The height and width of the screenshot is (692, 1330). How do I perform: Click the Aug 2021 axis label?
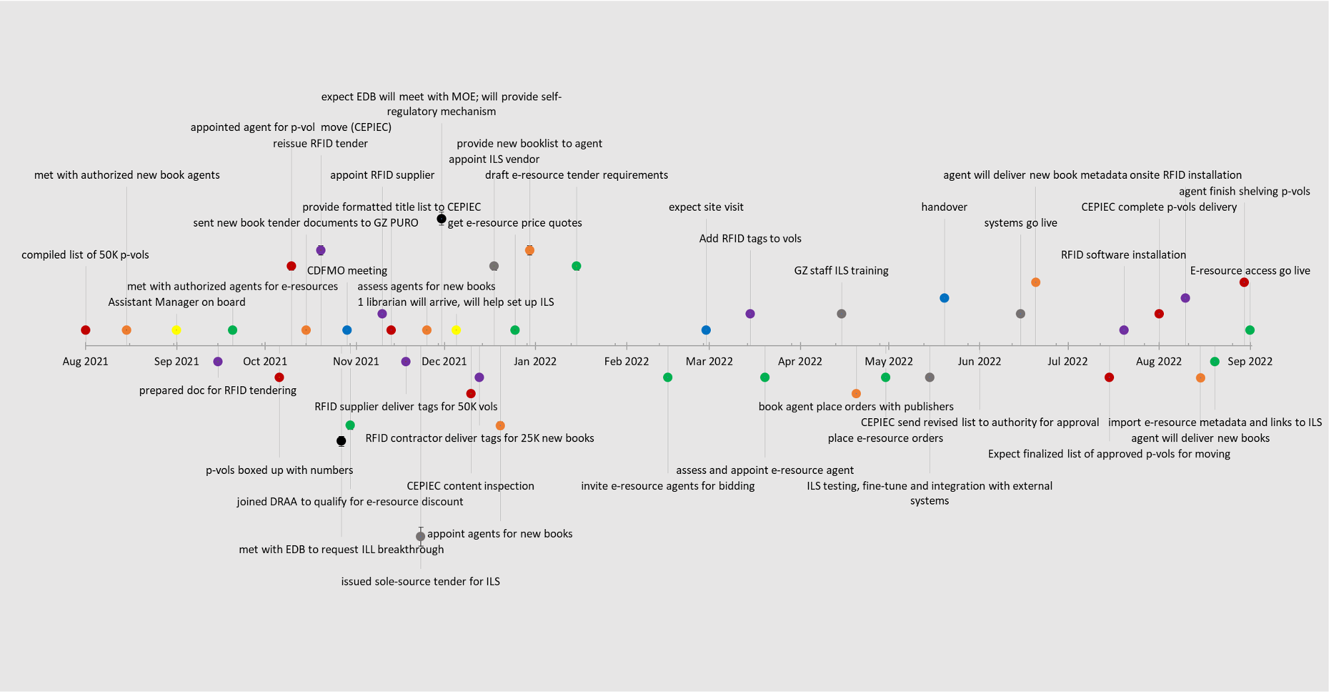[85, 362]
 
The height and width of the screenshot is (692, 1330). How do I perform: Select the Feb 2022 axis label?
[626, 362]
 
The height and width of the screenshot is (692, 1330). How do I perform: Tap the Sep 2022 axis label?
[1250, 362]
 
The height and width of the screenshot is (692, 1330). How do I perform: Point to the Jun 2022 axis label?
[979, 362]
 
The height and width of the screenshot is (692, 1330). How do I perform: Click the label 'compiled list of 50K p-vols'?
[85, 255]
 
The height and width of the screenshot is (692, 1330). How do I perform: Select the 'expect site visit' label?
[706, 207]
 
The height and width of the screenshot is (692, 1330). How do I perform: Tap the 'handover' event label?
[944, 207]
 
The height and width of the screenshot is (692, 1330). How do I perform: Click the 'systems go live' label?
[1020, 223]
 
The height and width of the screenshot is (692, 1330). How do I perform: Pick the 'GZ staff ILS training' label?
[841, 271]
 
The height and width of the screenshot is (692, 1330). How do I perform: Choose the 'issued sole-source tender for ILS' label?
[421, 582]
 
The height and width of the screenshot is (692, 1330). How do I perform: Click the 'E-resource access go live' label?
[1250, 271]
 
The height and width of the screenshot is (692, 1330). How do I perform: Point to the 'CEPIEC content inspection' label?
[470, 486]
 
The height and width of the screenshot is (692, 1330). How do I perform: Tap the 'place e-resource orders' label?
[885, 439]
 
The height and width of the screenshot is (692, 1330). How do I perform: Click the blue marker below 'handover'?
[944, 298]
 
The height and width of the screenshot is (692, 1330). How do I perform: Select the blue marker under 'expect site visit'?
[706, 330]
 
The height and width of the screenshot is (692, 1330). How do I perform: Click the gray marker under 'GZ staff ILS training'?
[841, 314]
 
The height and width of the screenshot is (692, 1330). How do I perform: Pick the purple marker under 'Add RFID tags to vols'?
[750, 314]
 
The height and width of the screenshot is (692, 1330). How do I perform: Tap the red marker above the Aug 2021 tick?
[85, 330]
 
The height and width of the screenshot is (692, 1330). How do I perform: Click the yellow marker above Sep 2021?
[176, 330]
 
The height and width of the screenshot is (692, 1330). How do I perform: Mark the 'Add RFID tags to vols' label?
[750, 239]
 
